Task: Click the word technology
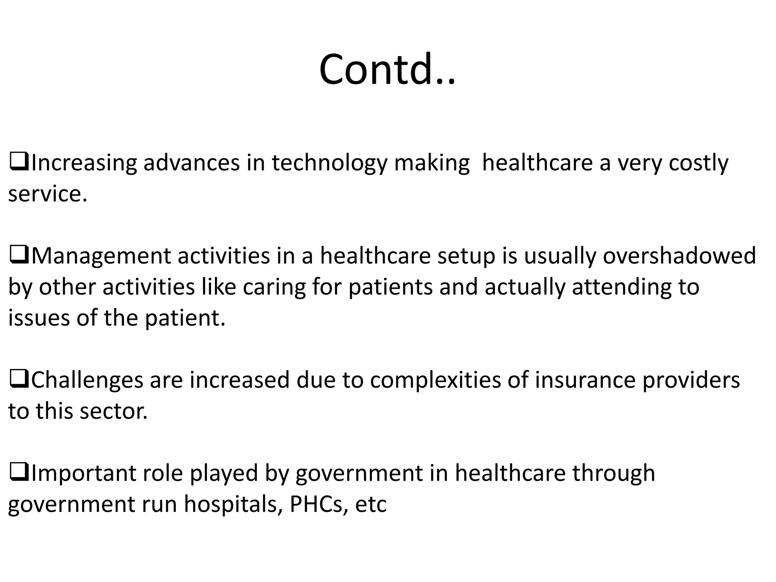click(x=329, y=163)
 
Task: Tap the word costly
click(x=698, y=163)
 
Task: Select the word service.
click(x=47, y=194)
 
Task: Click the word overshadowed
click(x=679, y=256)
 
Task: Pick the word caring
click(x=274, y=287)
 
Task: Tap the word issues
click(x=39, y=318)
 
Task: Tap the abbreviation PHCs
click(x=316, y=505)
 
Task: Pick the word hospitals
click(x=233, y=505)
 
